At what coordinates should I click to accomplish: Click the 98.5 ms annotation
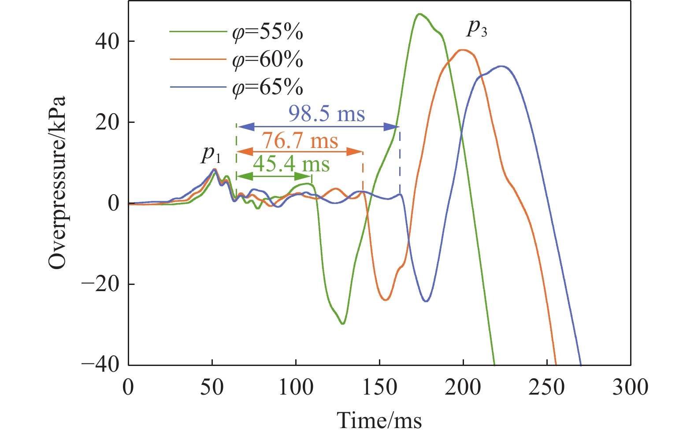coord(327,114)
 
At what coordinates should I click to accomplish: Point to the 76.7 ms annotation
coord(300,141)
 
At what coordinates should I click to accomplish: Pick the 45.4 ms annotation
coord(291,165)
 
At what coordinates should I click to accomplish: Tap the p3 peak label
coord(477,28)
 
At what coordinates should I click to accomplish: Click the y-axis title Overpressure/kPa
coord(57,182)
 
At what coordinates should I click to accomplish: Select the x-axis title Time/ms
coord(379,420)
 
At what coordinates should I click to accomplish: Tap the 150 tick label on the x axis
coord(379,388)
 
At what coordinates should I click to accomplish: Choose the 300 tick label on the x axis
coord(630,388)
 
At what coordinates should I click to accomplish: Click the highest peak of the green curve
coord(419,14)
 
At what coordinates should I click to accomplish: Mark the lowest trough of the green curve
coord(343,324)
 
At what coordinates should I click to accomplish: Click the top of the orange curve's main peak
coord(463,50)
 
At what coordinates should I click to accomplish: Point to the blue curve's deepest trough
coord(426,301)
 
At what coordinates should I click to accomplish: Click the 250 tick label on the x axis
coord(547,388)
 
